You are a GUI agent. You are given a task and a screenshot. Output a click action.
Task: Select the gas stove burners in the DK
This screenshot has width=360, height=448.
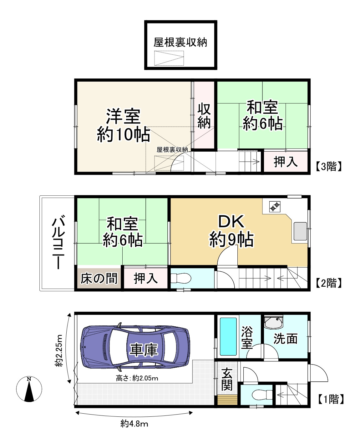(x=275, y=207)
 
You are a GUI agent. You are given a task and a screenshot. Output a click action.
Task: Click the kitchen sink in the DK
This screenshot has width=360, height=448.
(x=300, y=231)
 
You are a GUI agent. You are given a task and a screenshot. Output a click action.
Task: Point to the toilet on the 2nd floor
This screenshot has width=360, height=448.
(x=180, y=278)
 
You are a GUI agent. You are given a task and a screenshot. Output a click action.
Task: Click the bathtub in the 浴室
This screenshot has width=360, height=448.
(x=228, y=336)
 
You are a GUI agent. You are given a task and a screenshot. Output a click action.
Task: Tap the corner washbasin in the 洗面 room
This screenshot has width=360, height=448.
(x=274, y=323)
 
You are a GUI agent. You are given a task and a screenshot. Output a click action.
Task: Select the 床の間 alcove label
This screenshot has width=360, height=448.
(x=99, y=278)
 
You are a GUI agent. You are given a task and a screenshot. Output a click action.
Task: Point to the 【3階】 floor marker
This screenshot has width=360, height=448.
(x=328, y=166)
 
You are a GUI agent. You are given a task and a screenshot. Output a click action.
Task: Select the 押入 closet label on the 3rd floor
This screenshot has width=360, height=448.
(x=286, y=162)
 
